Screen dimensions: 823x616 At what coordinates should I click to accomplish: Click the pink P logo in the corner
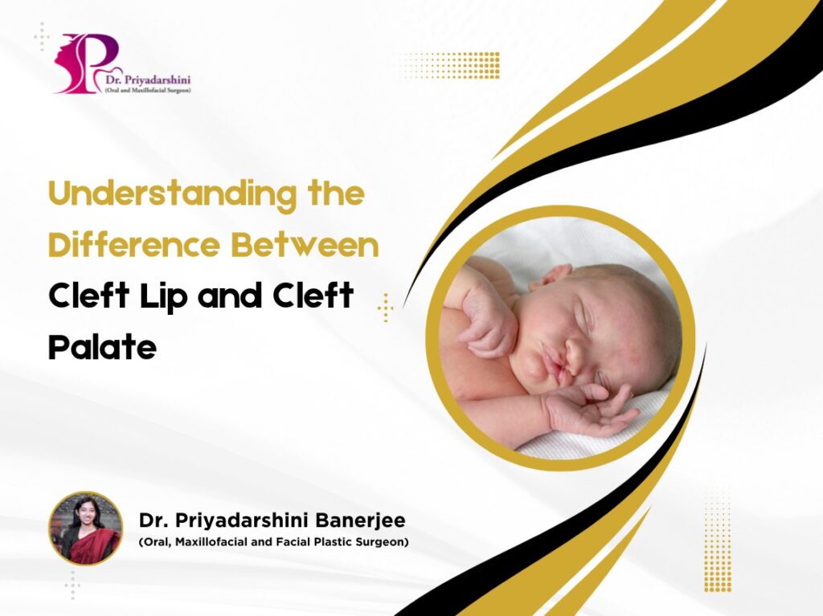click(x=87, y=63)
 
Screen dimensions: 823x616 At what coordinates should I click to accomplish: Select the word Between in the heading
click(x=305, y=245)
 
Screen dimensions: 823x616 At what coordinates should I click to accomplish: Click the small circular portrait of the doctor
click(x=85, y=528)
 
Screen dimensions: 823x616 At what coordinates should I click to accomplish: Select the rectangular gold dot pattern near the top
click(x=448, y=65)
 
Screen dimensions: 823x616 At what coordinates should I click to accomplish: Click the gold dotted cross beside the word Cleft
click(x=386, y=308)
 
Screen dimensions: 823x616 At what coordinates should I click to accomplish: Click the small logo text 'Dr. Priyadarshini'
click(x=148, y=80)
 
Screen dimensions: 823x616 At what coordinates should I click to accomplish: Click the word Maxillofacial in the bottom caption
click(x=212, y=542)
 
